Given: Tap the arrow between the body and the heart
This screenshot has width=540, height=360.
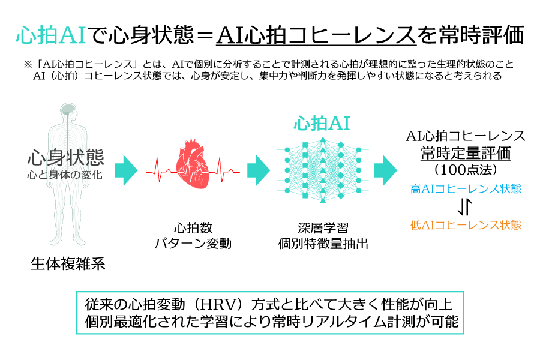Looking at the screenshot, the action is [x=126, y=170].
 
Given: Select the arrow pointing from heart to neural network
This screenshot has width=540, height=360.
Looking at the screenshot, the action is [x=259, y=170].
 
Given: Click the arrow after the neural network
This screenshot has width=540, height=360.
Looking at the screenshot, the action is [x=386, y=170].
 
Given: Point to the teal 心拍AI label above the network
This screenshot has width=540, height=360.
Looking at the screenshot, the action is [x=322, y=124].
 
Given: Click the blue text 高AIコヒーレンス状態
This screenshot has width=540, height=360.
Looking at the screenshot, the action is [x=466, y=189].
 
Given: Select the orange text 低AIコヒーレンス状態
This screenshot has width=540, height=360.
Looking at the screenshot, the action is [x=466, y=225].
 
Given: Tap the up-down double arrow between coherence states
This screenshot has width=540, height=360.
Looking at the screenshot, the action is [x=465, y=206].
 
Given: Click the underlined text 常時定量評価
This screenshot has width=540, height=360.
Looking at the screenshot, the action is [x=466, y=154].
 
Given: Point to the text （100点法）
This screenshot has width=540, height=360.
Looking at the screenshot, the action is [x=466, y=169].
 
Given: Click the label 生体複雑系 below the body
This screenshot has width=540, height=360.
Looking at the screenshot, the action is [x=68, y=264].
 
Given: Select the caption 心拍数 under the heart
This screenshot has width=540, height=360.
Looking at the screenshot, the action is [x=193, y=228].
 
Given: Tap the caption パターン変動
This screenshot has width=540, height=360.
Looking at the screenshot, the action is [x=193, y=244].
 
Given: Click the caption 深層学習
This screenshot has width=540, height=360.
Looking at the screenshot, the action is [x=323, y=228].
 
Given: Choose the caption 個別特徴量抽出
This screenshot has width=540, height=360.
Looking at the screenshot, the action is [x=323, y=244].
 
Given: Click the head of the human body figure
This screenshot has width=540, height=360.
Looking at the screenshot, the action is [x=68, y=111].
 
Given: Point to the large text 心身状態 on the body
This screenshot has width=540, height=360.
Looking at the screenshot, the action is [x=65, y=157].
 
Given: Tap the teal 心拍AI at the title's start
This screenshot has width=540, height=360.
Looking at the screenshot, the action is [x=51, y=35].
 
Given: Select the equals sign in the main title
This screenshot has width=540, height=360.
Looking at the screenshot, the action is [x=205, y=35].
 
